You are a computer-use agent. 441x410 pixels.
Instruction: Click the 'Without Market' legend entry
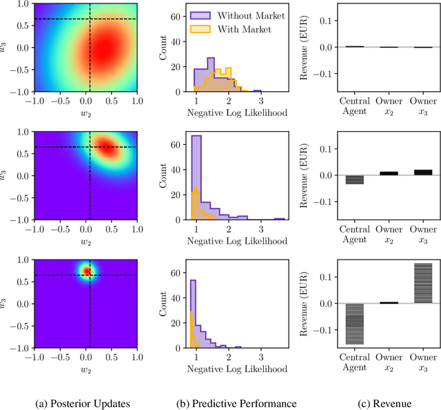click(243, 15)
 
